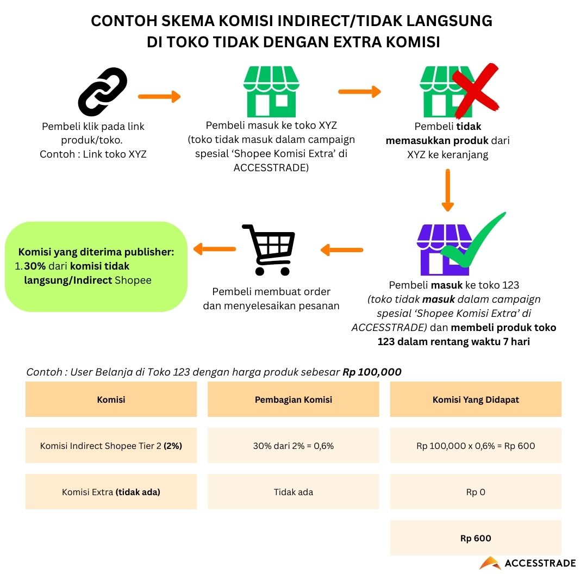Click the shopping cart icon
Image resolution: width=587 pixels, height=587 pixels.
point(269,249)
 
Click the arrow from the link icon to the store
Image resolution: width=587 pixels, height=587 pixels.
point(159,97)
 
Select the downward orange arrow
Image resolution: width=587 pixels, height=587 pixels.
point(447,190)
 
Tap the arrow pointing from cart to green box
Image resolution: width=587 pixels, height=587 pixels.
point(215,249)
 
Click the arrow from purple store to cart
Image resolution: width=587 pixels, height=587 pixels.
point(342,250)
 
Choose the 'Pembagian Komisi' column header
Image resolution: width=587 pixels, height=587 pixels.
point(293,399)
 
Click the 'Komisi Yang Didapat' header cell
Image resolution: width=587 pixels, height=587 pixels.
point(476,399)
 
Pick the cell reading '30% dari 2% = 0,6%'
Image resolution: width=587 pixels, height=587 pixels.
point(293,446)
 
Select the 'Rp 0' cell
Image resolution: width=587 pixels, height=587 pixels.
point(476,492)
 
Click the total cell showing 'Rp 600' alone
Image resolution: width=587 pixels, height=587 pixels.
point(476,538)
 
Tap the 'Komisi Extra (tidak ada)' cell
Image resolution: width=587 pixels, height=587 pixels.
point(111,492)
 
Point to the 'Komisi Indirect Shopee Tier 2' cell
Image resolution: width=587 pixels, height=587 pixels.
point(111,446)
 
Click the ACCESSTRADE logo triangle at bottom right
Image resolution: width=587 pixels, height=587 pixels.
point(490,563)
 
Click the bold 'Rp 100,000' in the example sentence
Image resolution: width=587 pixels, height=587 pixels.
point(372,372)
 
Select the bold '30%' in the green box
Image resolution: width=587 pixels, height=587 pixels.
point(34,266)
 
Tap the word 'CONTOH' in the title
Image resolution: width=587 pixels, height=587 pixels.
point(121,21)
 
